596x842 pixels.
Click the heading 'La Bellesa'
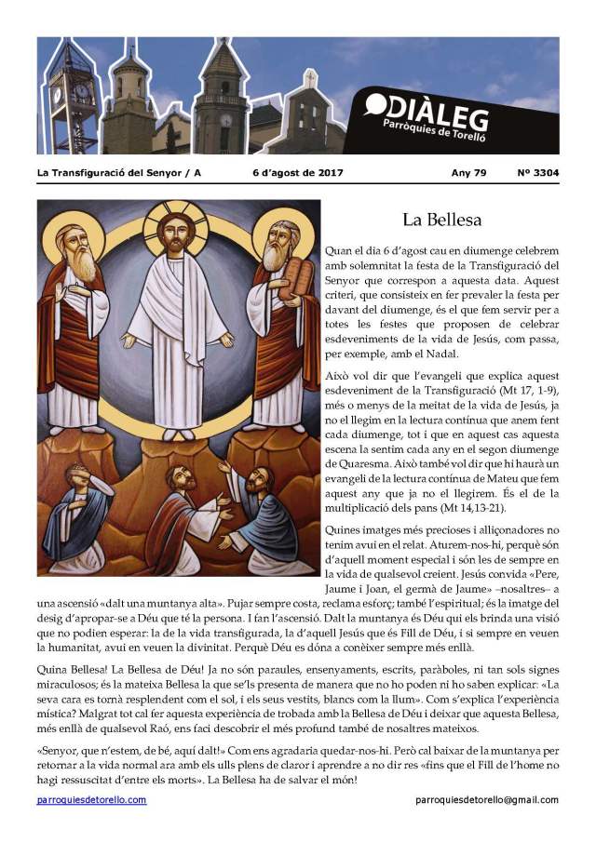coord(440,221)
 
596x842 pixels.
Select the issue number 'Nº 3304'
coord(537,173)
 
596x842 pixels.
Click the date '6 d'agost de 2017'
coord(298,173)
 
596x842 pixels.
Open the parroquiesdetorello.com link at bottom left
coord(91,800)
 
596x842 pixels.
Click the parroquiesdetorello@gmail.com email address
coord(487,800)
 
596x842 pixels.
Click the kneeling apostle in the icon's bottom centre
coord(186,521)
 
